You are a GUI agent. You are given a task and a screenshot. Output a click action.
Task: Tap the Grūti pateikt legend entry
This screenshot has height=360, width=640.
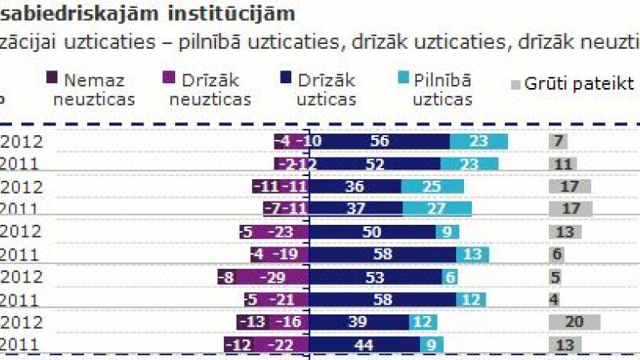coord(572,83)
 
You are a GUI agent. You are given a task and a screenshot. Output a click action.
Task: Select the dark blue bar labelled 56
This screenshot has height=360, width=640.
coord(379,142)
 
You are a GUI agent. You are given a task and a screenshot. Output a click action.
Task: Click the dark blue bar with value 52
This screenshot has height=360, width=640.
coord(374,163)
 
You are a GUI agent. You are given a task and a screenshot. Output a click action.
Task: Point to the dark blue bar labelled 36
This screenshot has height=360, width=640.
coord(354,186)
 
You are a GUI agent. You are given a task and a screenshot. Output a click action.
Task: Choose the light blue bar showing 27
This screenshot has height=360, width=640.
coord(437,209)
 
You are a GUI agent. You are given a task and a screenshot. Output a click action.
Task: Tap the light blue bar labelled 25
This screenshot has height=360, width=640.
coord(433,186)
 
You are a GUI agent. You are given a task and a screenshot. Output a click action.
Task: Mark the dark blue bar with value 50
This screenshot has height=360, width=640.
coord(372,232)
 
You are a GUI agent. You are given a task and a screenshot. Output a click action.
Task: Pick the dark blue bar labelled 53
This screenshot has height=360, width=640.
coord(375,277)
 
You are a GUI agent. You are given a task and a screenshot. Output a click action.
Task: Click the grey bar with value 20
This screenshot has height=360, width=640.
coord(574,322)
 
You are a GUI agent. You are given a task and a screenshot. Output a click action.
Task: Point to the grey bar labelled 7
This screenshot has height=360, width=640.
coord(558,142)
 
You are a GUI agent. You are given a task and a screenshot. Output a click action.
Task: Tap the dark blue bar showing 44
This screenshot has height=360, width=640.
coord(364,344)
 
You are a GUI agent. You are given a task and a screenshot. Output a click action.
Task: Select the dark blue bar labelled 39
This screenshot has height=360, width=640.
coord(358,322)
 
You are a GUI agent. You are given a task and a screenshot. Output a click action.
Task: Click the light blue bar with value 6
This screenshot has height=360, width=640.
coord(450,277)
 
